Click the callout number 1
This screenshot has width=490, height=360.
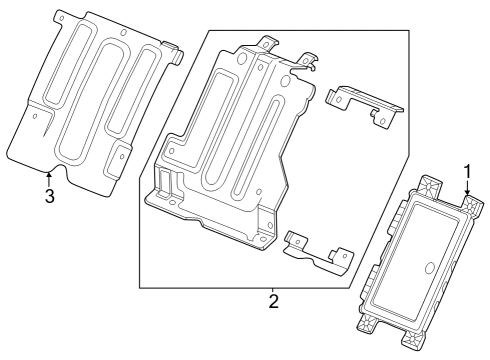[467, 171]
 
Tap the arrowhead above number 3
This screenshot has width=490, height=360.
[48, 176]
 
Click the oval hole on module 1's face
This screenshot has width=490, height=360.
[427, 269]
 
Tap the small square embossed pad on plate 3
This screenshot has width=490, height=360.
[118, 156]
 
